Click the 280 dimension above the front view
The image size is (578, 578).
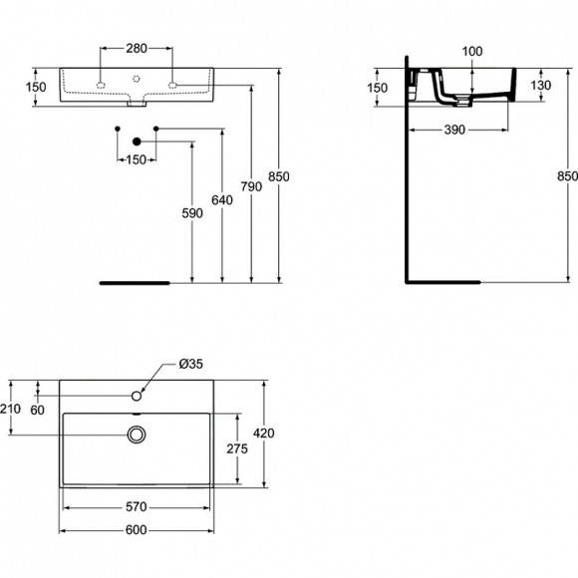(137, 47)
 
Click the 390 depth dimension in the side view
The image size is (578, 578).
(457, 130)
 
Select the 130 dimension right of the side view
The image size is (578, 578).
(542, 86)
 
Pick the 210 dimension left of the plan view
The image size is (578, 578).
(11, 409)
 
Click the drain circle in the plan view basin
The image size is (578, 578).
(137, 433)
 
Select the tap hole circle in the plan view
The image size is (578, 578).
(137, 397)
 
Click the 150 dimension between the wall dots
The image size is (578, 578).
(137, 159)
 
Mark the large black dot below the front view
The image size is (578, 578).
(137, 142)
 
